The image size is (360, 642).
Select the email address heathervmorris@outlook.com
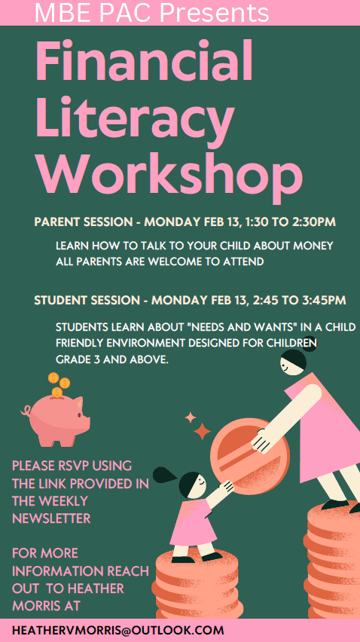pos(118,630)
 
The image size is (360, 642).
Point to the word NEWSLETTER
pos(51,518)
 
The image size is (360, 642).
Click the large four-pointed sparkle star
pos(202,431)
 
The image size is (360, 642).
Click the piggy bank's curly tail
pos(26,410)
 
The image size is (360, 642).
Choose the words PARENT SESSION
pos(83,222)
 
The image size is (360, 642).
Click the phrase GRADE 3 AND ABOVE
pos(112,359)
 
